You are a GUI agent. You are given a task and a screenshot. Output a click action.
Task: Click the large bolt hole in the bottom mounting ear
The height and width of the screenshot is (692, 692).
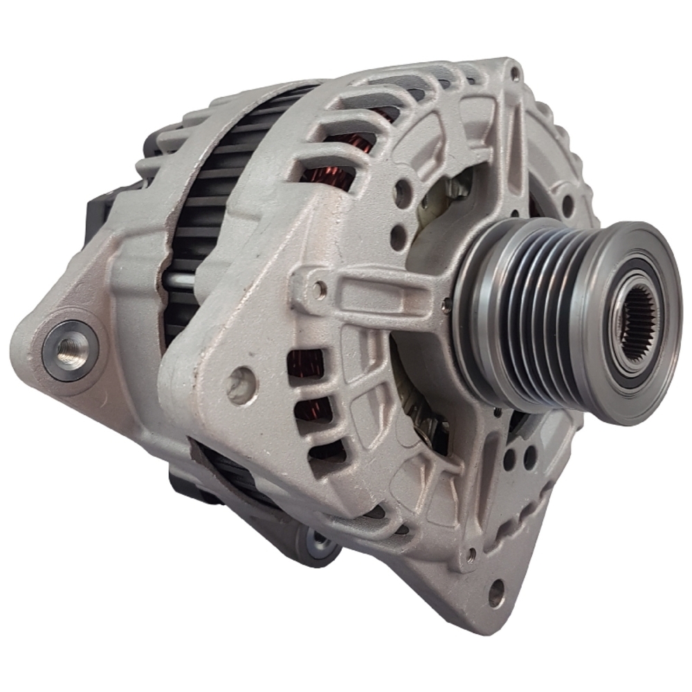click(x=496, y=592)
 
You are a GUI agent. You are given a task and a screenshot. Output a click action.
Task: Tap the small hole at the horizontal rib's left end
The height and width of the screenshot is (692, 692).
click(x=319, y=289)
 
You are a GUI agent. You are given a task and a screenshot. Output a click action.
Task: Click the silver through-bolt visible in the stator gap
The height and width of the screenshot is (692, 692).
click(x=182, y=282)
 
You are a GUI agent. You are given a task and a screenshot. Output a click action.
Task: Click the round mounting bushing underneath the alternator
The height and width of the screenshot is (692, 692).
click(x=318, y=543)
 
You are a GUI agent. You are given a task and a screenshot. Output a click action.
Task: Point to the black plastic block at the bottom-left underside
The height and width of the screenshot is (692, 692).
click(x=181, y=477)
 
